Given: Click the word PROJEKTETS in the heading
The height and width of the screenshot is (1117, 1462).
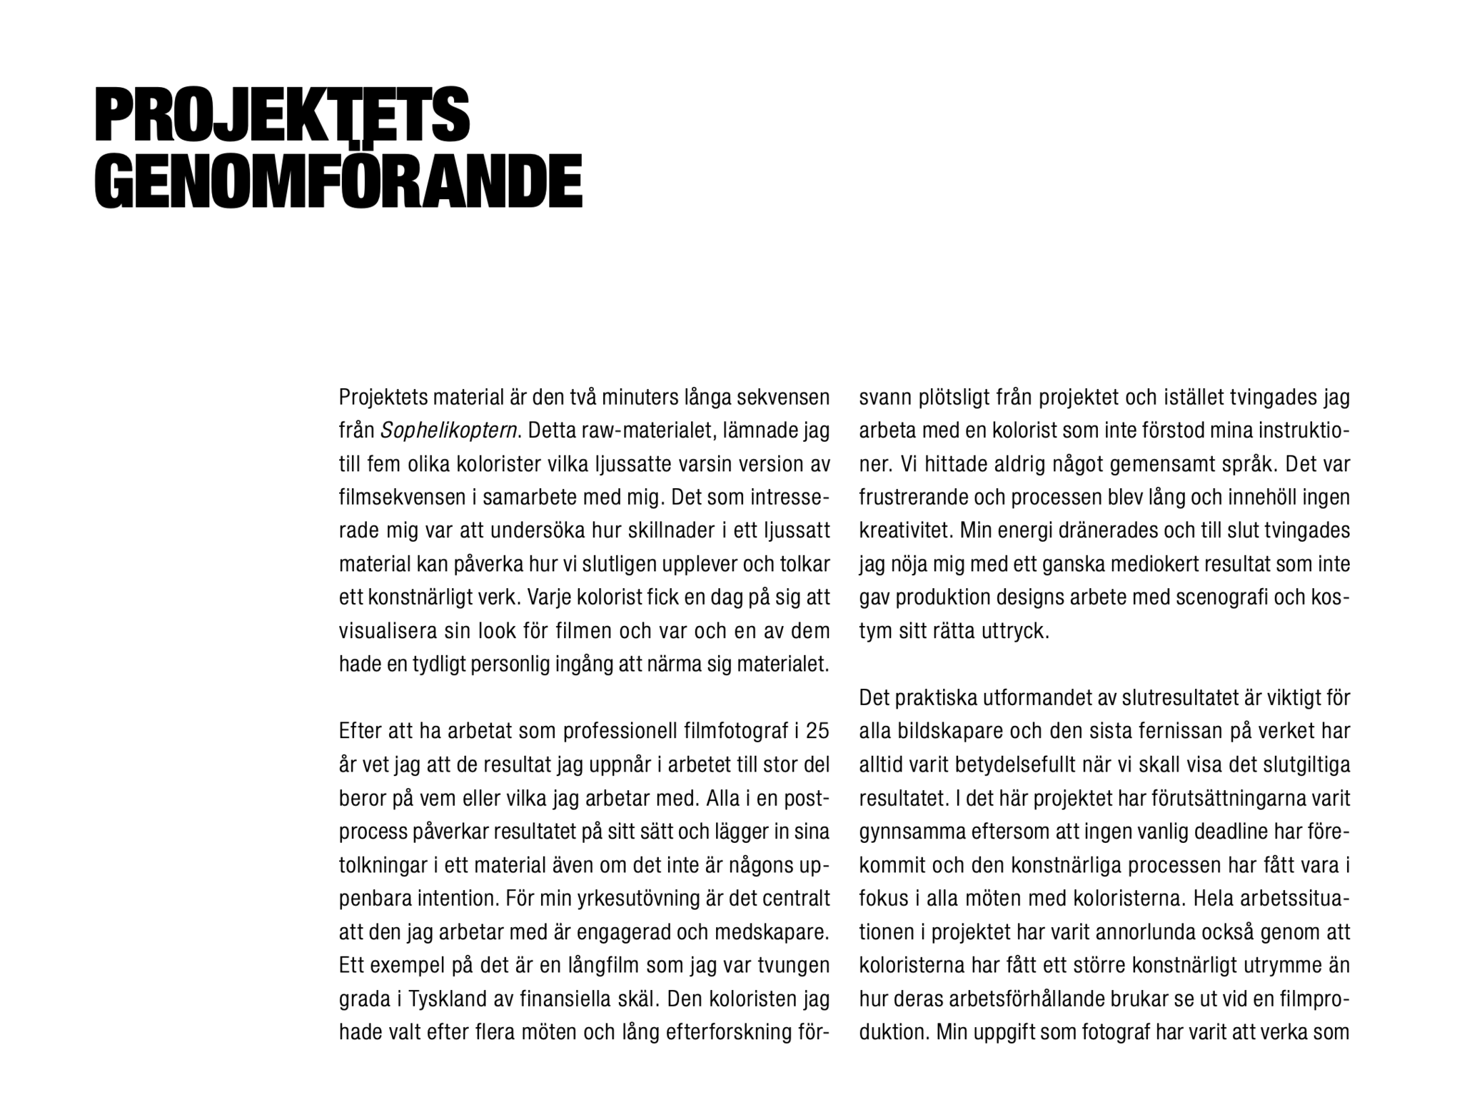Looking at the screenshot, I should click(282, 115).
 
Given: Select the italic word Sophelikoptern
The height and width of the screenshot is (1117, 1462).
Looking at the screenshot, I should click(448, 431).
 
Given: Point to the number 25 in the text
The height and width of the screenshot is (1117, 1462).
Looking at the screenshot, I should click(817, 731).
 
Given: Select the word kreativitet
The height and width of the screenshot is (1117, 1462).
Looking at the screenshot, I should click(905, 531).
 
